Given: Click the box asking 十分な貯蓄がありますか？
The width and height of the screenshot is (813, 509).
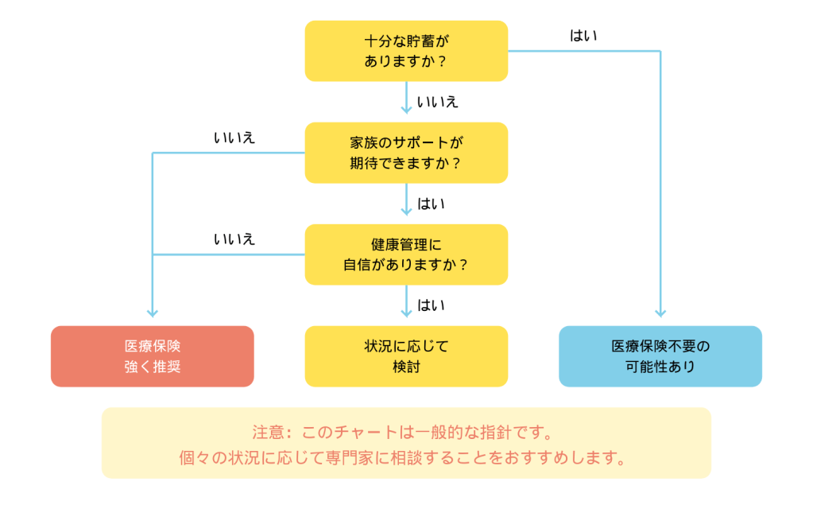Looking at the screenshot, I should tap(406, 51).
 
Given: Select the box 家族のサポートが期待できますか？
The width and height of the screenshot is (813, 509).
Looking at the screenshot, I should tap(406, 153).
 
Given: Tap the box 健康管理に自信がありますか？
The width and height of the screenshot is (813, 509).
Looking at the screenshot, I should tap(406, 254).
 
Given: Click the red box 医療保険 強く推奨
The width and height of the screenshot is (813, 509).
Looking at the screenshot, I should tap(153, 356).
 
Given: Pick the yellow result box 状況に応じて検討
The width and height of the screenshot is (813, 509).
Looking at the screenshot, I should tap(406, 356).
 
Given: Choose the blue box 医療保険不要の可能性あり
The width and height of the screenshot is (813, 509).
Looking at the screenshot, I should tap(660, 356).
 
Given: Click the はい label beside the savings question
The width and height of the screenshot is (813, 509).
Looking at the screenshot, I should tap(583, 36).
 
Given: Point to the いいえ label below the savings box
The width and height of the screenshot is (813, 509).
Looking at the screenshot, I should tap(437, 102).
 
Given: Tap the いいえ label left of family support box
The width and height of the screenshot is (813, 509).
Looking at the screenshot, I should tap(234, 138).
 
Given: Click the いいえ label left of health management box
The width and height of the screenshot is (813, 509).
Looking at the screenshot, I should tap(234, 239).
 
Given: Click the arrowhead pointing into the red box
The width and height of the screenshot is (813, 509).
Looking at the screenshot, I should tap(153, 313).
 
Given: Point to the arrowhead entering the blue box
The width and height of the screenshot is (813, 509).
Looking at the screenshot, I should tap(660, 313).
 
